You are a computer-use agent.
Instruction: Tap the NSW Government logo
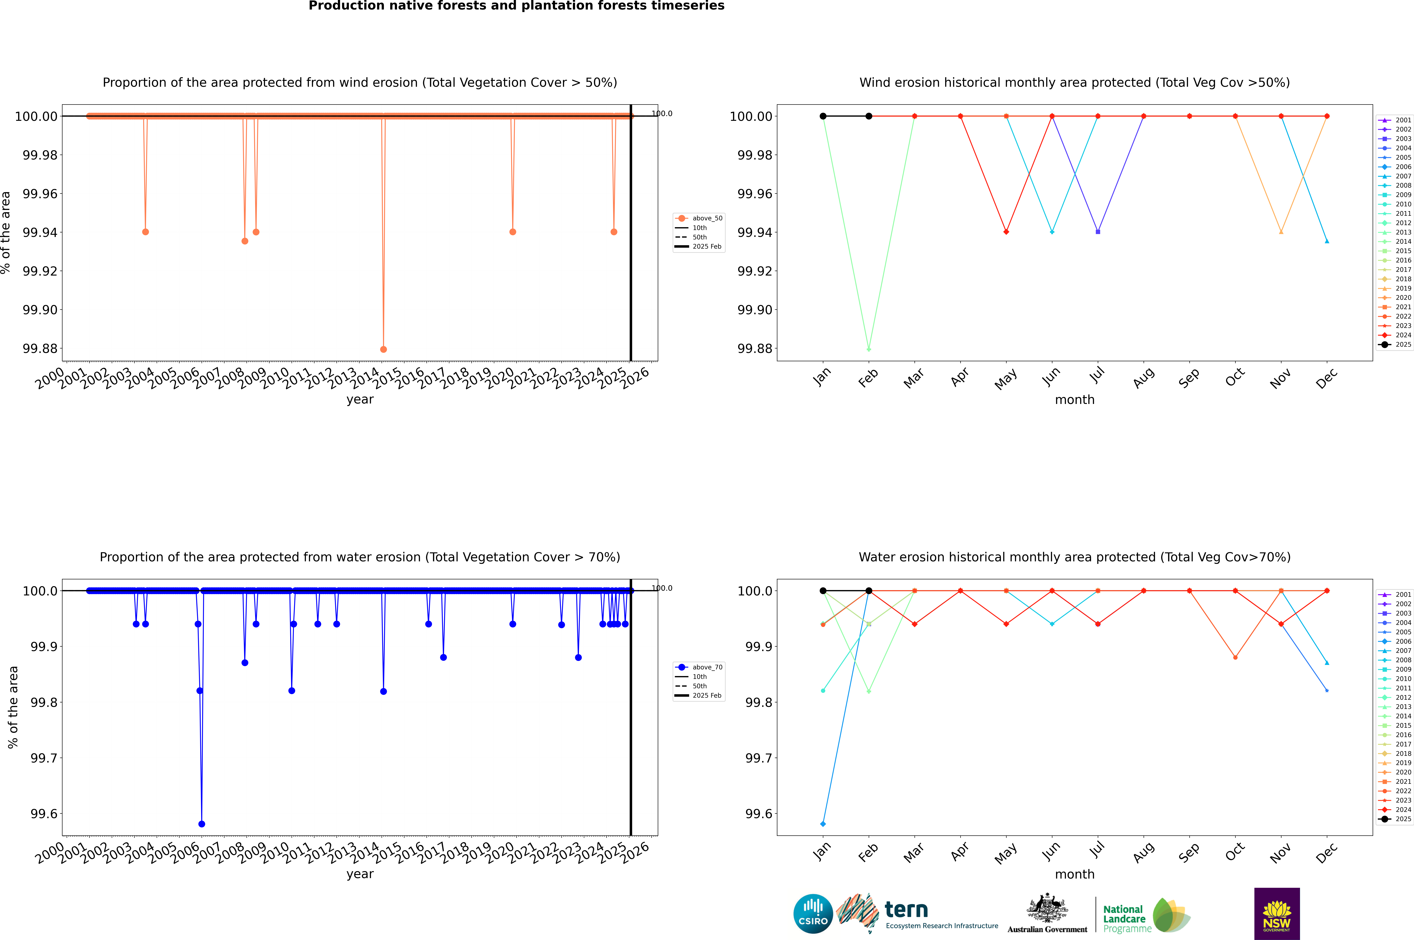click(x=1277, y=914)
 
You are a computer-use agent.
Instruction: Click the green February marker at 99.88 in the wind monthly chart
click(x=869, y=349)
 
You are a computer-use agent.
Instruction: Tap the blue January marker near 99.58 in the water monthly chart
click(x=823, y=824)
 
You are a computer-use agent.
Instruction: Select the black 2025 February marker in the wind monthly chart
click(x=869, y=116)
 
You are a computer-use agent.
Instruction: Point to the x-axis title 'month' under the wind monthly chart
click(x=1074, y=400)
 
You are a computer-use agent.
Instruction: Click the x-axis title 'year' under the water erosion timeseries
click(x=360, y=874)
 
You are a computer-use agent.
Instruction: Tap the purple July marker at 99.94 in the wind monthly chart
click(x=1097, y=232)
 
